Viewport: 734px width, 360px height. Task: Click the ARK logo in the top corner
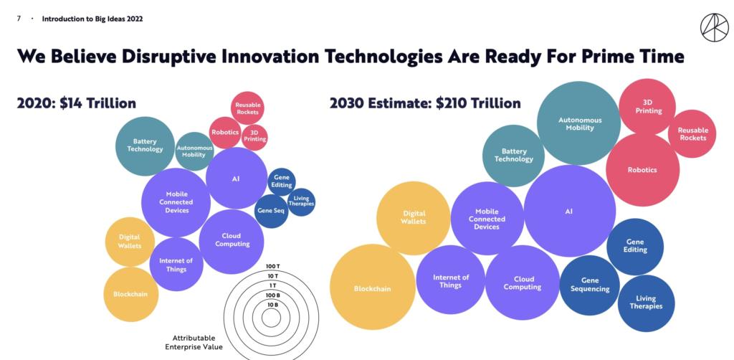(714, 27)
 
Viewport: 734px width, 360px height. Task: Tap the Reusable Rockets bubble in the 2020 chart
(248, 108)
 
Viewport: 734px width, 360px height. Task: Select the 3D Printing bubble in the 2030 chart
(647, 106)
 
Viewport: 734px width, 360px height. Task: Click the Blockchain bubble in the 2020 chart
(130, 294)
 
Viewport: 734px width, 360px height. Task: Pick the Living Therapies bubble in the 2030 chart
(646, 303)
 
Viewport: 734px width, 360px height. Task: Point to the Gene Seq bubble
(271, 211)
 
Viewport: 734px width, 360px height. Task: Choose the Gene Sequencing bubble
(589, 285)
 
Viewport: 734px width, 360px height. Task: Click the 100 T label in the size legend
(272, 266)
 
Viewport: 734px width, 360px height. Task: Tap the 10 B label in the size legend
(272, 305)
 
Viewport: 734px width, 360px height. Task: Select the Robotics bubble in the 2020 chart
(225, 133)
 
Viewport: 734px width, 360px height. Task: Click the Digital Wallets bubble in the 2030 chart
(414, 217)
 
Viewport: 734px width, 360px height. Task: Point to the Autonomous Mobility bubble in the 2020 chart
(194, 151)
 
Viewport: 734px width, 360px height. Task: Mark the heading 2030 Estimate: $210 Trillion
(425, 103)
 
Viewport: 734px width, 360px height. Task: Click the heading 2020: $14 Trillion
(77, 103)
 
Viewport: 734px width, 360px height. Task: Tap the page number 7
(18, 19)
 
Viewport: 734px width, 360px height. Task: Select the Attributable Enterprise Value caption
(194, 342)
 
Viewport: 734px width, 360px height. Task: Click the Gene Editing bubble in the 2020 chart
(282, 181)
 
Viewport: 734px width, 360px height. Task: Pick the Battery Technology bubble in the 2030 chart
(513, 156)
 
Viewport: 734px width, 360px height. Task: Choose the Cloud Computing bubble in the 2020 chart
(232, 240)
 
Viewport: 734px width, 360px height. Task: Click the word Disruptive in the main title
(184, 56)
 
